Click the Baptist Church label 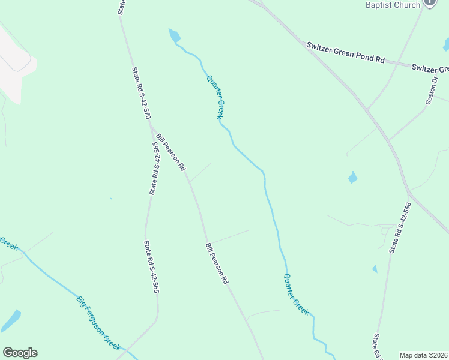coord(393,5)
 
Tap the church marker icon coord(430,2)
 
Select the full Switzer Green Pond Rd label coord(345,53)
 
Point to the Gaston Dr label coord(433,90)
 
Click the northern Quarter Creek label coord(215,97)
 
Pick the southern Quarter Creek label coord(297,295)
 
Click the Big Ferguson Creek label coord(99,323)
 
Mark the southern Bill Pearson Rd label coord(217,263)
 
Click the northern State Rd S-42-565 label coord(155,169)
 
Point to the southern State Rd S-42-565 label coord(151,267)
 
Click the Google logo coord(20,353)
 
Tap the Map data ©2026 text coord(423,355)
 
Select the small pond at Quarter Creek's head coord(174,35)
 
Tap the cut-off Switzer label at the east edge coord(430,68)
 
